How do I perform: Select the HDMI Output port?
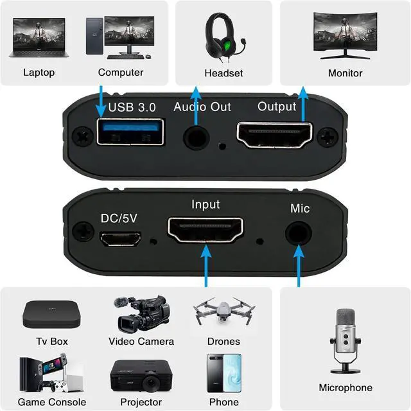[275, 136]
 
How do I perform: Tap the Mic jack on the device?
[297, 232]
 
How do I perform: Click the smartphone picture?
[224, 373]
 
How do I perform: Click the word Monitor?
[345, 73]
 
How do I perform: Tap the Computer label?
[121, 73]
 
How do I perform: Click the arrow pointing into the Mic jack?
[298, 263]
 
